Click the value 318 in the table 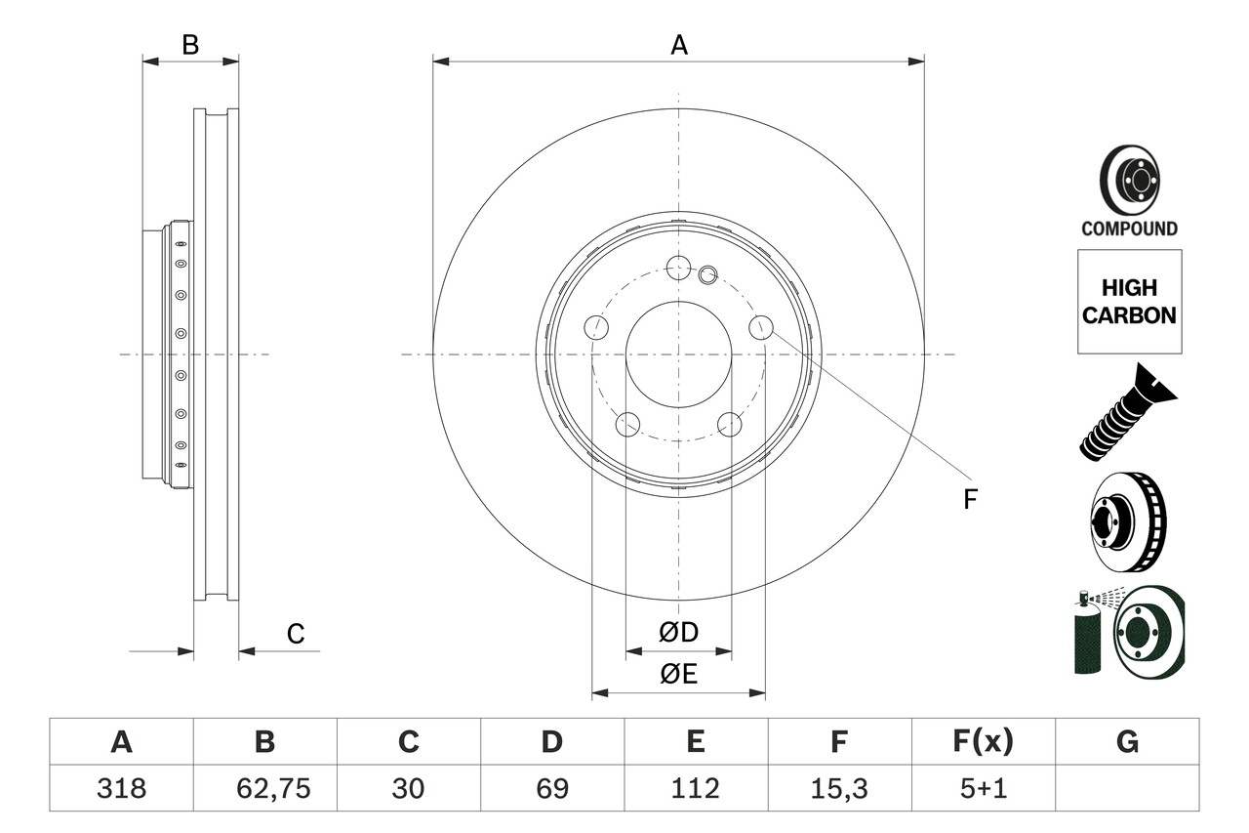[121, 788]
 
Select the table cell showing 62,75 [264, 788]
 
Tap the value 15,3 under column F [838, 788]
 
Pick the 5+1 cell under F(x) [983, 788]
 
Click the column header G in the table [1127, 742]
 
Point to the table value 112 [695, 788]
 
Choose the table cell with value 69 [551, 788]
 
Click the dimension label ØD [679, 633]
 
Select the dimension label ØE [679, 675]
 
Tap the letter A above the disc [679, 44]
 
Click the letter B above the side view [191, 44]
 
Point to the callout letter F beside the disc [969, 500]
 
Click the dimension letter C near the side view [296, 634]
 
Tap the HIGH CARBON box [1129, 302]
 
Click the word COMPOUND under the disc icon [1129, 229]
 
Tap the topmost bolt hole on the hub [678, 266]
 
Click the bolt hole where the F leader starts [761, 328]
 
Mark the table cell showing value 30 [408, 788]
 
